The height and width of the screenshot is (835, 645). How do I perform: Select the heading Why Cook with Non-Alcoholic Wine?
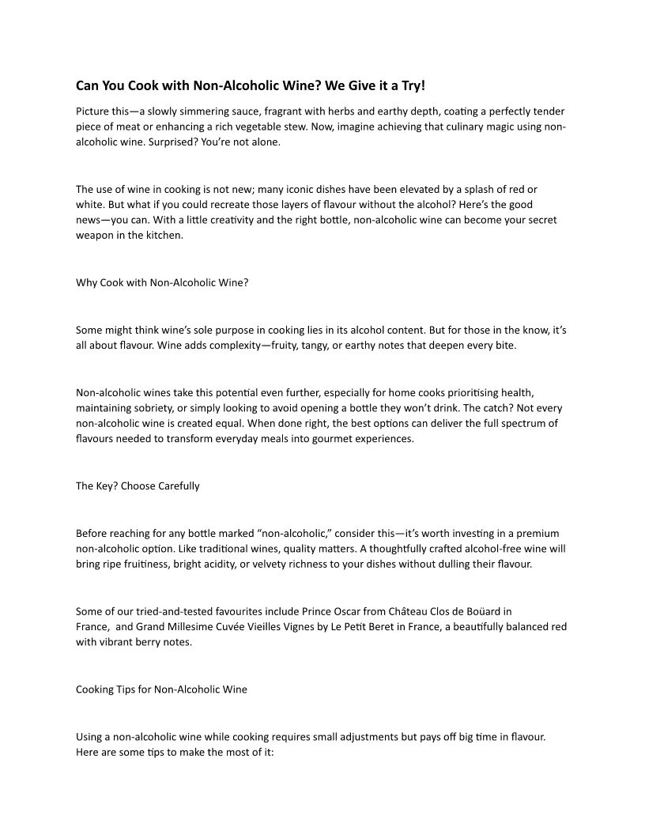click(x=162, y=281)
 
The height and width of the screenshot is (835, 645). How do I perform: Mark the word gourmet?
click(x=323, y=439)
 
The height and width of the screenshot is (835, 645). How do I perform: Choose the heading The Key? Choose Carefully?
click(x=138, y=486)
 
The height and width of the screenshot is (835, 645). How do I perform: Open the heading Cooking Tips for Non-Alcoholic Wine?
click(x=161, y=690)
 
